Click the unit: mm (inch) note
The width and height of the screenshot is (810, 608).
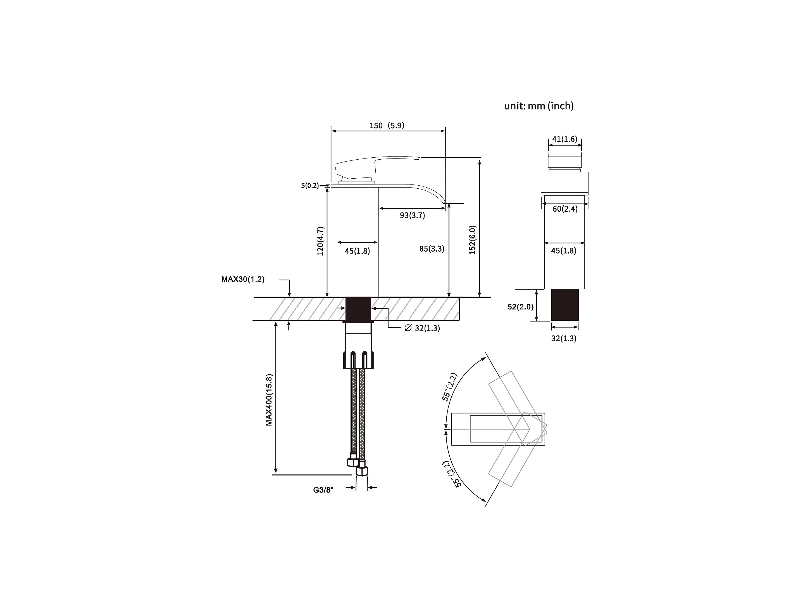click(x=539, y=106)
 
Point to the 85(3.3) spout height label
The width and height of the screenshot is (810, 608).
click(x=432, y=249)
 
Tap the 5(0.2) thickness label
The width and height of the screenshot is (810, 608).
click(x=310, y=186)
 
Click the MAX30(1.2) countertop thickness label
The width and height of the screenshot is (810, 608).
click(x=243, y=279)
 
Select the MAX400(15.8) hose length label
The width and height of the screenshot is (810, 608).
click(x=269, y=400)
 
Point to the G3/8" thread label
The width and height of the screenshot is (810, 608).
click(x=323, y=490)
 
